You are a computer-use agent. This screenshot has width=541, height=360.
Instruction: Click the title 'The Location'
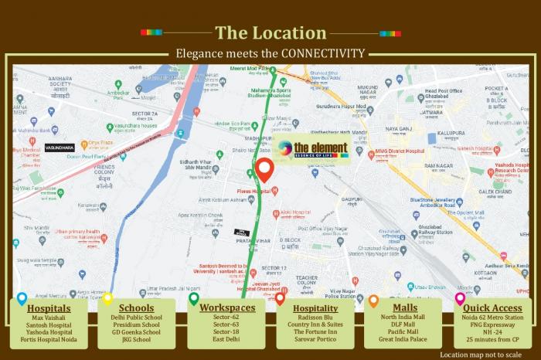click(x=270, y=32)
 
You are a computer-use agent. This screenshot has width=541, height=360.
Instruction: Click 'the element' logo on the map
click(x=312, y=149)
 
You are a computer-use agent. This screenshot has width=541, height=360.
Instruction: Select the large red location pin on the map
click(x=264, y=169)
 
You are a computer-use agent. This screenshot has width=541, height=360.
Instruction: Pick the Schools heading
click(x=136, y=307)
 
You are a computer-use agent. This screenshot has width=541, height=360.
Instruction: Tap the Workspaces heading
click(x=227, y=307)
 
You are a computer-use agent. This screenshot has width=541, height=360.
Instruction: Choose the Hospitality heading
click(x=315, y=307)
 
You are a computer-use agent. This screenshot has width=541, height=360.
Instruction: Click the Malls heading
click(x=405, y=307)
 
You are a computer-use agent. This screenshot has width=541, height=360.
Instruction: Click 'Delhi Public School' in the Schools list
click(x=136, y=318)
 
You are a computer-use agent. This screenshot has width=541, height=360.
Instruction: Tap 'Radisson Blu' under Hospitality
click(x=315, y=318)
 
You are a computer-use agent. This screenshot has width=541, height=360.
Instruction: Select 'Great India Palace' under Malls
click(x=405, y=339)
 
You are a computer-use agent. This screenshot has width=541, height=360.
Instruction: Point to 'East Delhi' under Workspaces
click(x=227, y=339)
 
